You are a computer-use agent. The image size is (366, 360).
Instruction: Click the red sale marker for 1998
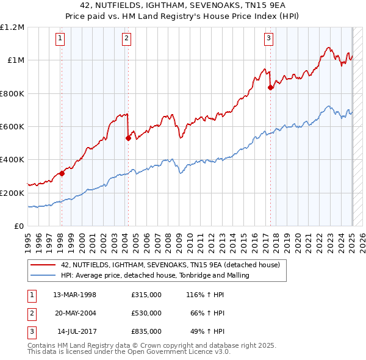point(62,173)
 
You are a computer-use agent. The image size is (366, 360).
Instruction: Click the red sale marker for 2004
point(128,138)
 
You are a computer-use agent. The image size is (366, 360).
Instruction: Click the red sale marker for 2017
point(270,87)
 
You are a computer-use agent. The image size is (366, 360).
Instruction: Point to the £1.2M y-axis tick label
point(12,27)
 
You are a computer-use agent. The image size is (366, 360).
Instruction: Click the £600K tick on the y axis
point(12,127)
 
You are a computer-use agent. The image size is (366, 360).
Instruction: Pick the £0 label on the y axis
point(20,226)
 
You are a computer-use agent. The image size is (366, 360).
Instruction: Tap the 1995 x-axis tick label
point(28,240)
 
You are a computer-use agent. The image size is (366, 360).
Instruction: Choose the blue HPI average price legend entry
point(156,276)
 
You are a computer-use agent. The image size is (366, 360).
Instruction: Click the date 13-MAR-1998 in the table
point(75,295)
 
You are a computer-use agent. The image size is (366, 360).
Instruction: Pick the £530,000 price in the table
point(146,313)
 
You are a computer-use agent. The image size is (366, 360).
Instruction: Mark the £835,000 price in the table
point(146,331)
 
